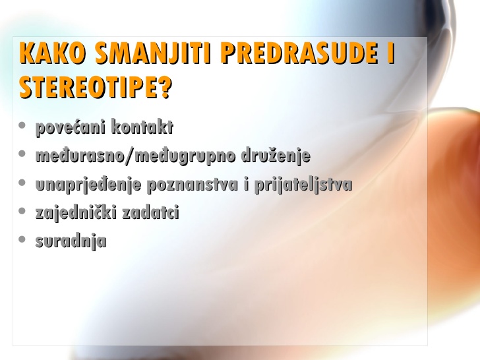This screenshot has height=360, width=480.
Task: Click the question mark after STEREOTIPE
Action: (165, 87)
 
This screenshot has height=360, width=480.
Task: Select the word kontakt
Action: (142, 127)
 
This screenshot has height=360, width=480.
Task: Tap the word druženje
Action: (276, 156)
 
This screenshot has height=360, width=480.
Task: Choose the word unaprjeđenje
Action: (88, 185)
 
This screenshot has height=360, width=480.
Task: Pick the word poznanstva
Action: (193, 185)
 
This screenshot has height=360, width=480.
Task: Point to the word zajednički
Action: (76, 213)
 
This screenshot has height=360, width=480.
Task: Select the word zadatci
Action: (150, 212)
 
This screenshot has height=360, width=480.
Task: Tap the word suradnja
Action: (71, 241)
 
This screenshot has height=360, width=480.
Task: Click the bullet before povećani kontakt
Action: (22, 125)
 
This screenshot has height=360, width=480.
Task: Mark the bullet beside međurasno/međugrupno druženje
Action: (22, 154)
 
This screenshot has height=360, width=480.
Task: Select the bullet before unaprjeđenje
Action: (22, 183)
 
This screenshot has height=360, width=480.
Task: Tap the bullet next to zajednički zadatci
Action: (22, 211)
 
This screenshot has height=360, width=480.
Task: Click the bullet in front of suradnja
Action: (22, 239)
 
